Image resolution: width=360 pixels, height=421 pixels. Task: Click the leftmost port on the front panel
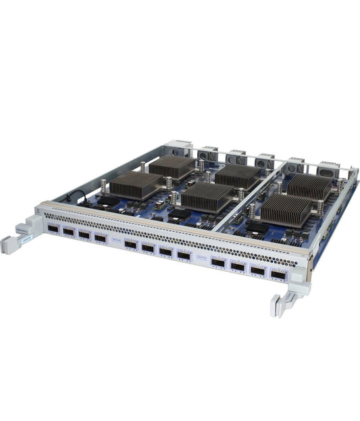coord(53,229)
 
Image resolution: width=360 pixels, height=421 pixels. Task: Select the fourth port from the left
coord(101,239)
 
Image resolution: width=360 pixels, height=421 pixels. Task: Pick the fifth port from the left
coord(130,245)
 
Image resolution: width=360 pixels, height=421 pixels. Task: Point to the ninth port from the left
coord(218,262)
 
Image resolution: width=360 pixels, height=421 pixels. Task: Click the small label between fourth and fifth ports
coord(115,241)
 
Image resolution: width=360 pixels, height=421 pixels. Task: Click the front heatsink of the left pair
coord(136,184)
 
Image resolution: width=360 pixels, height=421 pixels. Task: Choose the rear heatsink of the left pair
coord(172,166)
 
